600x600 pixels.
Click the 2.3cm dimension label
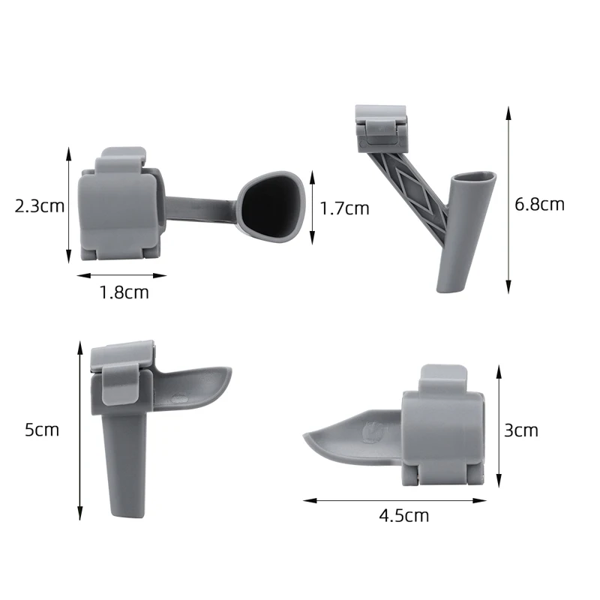click(x=40, y=206)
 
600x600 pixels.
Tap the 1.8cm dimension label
click(x=124, y=292)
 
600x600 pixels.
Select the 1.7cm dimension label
click(x=345, y=208)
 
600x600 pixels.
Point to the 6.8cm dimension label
click(x=540, y=204)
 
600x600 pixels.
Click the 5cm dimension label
click(x=41, y=430)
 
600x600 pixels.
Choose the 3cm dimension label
click(x=520, y=430)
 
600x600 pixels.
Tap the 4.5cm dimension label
click(x=404, y=515)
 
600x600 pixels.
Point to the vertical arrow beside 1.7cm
click(x=312, y=208)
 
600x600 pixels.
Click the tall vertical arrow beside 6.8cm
click(x=508, y=199)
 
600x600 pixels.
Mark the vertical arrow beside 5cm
click(x=79, y=430)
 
